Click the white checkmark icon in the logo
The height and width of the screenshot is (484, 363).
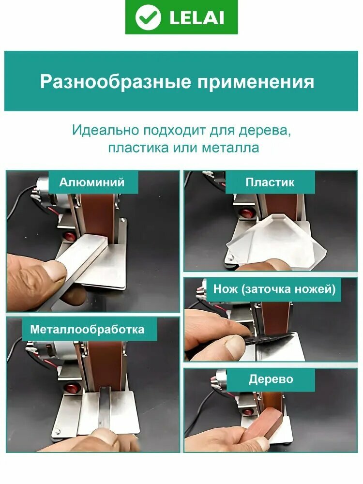pos(148,17)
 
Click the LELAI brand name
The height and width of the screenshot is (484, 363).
pos(197,18)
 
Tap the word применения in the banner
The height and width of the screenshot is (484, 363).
pos(256,83)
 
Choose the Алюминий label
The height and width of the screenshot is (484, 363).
pos(91,182)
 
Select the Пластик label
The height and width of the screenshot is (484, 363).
pos(270,182)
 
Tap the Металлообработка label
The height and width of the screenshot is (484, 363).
pos(87,329)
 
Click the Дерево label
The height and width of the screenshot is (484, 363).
pos(271,379)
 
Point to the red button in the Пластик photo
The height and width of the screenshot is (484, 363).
pos(246,213)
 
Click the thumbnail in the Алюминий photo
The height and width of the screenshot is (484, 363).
pos(55,270)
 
